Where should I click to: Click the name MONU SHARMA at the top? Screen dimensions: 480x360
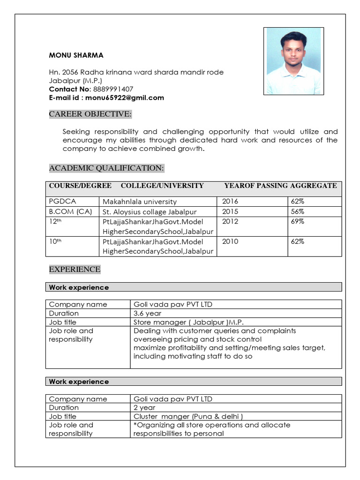coord(76,55)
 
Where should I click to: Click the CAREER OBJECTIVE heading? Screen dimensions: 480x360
coord(90,114)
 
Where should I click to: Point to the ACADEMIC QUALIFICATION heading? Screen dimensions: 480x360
coord(106,168)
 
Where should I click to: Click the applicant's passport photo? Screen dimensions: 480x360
coord(293,61)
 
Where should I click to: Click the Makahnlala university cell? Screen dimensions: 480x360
coord(140,202)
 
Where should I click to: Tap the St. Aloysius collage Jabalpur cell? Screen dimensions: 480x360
coord(150,212)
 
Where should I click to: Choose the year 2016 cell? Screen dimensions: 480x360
coord(230,201)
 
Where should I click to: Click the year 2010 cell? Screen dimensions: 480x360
coord(230,241)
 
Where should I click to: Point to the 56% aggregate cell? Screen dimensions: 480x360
coord(298,211)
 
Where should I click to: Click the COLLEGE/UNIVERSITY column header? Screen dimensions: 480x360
coord(162,186)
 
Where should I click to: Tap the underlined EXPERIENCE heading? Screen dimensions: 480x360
coord(75,269)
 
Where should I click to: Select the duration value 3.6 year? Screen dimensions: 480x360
coord(147,313)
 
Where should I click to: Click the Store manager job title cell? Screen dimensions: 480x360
coord(188,322)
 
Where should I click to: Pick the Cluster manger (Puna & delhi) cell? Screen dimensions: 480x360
coord(188,416)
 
